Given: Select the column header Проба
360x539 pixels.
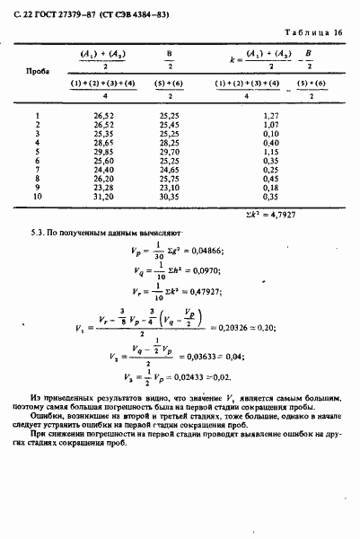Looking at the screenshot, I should tap(37, 68).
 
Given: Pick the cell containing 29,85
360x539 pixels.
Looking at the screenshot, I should tap(105, 153).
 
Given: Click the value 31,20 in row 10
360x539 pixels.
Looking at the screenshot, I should tap(105, 195).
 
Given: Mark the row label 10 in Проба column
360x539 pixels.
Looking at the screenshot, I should tap(37, 195).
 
